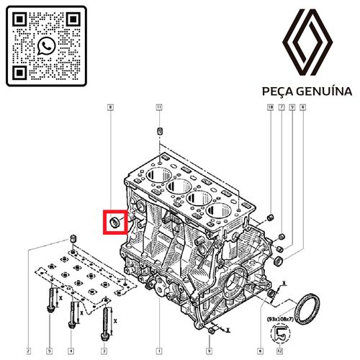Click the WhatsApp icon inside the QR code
pos(47,46)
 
